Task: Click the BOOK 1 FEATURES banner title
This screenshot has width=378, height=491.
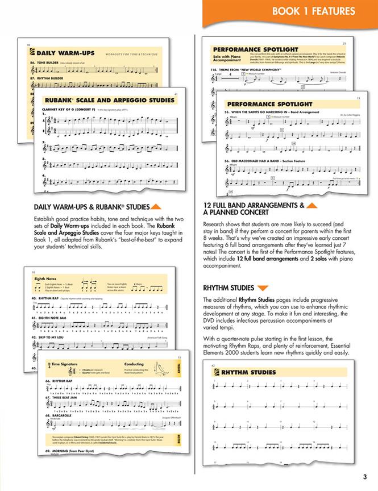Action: click(313, 11)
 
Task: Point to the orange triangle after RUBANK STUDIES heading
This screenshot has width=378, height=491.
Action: click(158, 207)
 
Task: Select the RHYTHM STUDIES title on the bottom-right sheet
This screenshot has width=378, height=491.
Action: click(240, 373)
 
